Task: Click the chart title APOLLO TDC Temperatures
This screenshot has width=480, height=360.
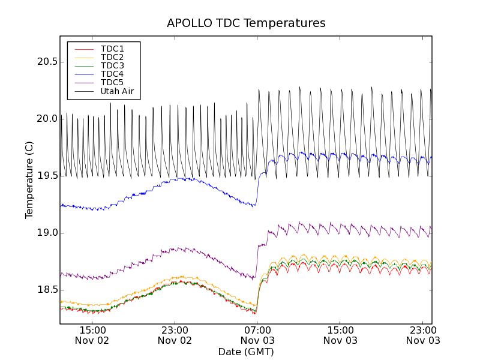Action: coord(246,23)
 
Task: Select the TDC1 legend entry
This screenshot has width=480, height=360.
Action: coord(112,49)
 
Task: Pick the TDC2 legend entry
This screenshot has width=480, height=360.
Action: coord(112,57)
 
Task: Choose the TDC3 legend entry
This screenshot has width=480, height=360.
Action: coord(112,65)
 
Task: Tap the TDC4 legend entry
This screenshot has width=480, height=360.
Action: coord(112,74)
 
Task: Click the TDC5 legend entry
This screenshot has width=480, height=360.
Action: coord(112,82)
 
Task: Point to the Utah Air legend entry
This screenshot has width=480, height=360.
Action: coord(117,91)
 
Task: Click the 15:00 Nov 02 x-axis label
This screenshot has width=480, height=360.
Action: coord(93,335)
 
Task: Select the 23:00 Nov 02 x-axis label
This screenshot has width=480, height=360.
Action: coord(175,335)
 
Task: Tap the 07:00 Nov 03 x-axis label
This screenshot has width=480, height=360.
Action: coord(257,335)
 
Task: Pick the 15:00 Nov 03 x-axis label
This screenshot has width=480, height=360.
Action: coord(340,335)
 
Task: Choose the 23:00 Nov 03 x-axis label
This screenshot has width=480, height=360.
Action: coord(422,335)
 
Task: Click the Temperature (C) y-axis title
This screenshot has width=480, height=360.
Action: coord(29,180)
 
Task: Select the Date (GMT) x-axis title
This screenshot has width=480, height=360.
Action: coord(246,352)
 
